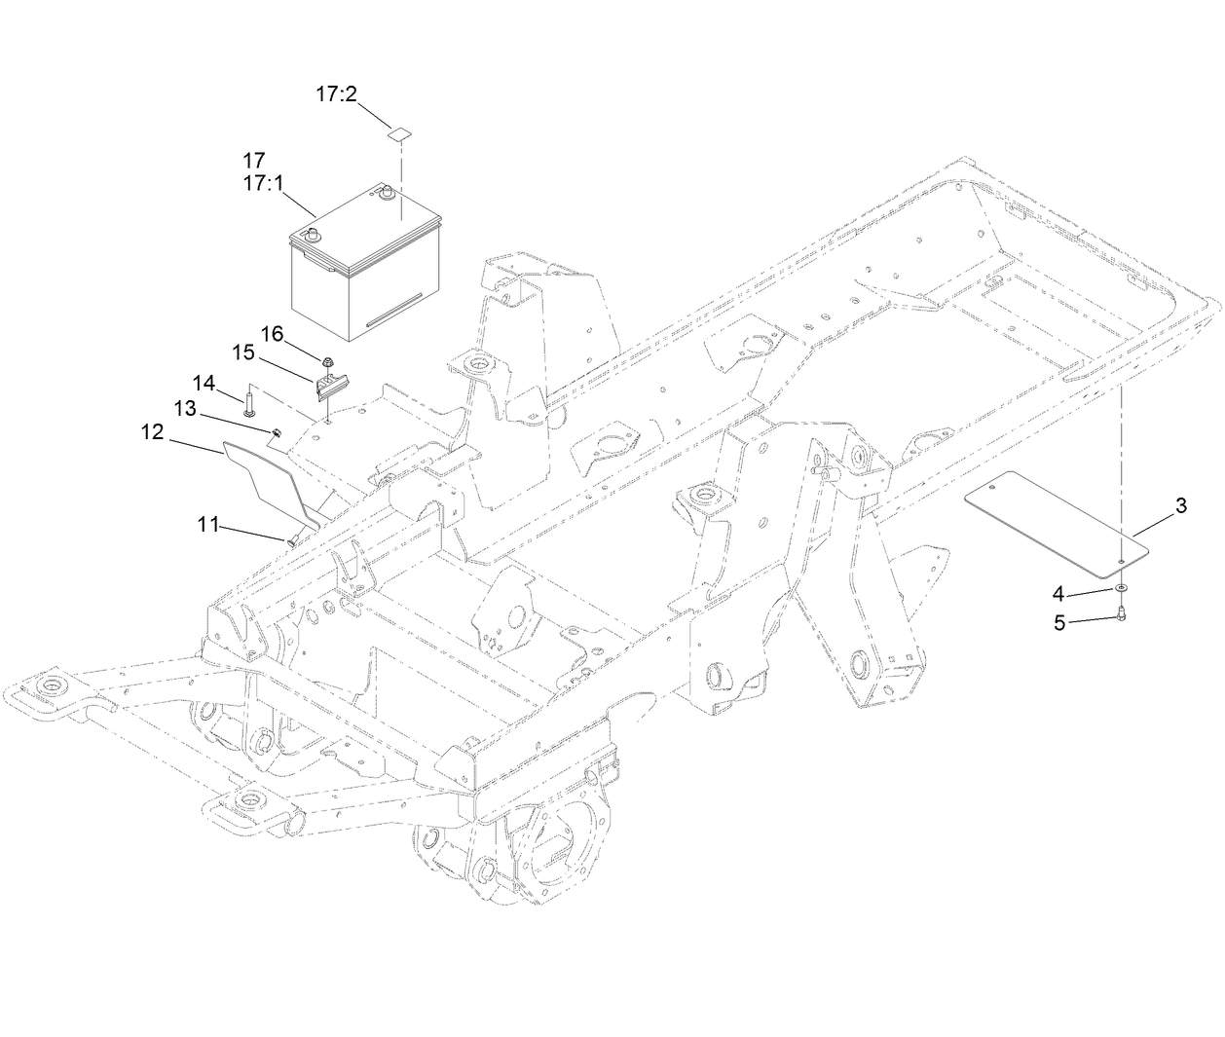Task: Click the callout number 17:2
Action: (337, 94)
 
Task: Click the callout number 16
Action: (272, 334)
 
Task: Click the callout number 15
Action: (242, 351)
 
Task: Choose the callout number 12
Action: (153, 431)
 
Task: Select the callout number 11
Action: (209, 526)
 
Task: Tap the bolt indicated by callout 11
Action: (292, 538)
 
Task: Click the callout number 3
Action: (1181, 505)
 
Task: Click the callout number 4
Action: (1058, 593)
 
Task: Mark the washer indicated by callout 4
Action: (1122, 589)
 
